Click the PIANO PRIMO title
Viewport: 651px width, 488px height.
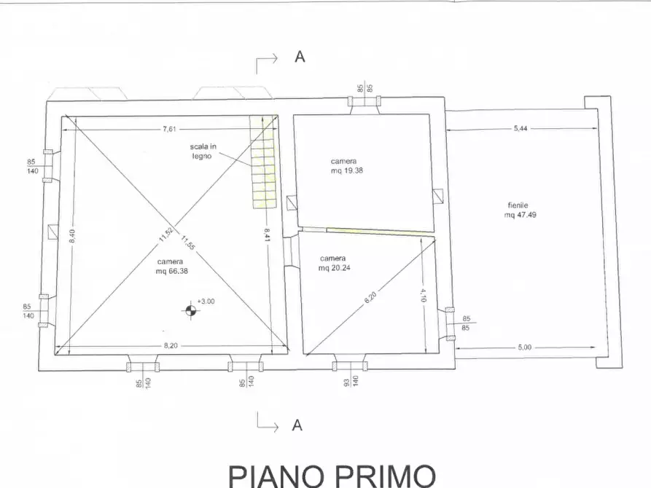pos(332,474)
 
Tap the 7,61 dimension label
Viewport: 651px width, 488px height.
pos(169,129)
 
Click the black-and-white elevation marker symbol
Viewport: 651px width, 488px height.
pos(190,311)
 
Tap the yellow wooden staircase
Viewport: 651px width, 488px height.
pos(263,162)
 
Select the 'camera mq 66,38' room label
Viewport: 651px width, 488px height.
pos(168,267)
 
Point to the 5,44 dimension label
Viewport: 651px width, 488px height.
pos(521,128)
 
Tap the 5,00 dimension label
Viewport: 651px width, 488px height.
pos(525,347)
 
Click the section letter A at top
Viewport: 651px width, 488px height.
pos(299,57)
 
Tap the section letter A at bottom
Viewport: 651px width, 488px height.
pos(297,425)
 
